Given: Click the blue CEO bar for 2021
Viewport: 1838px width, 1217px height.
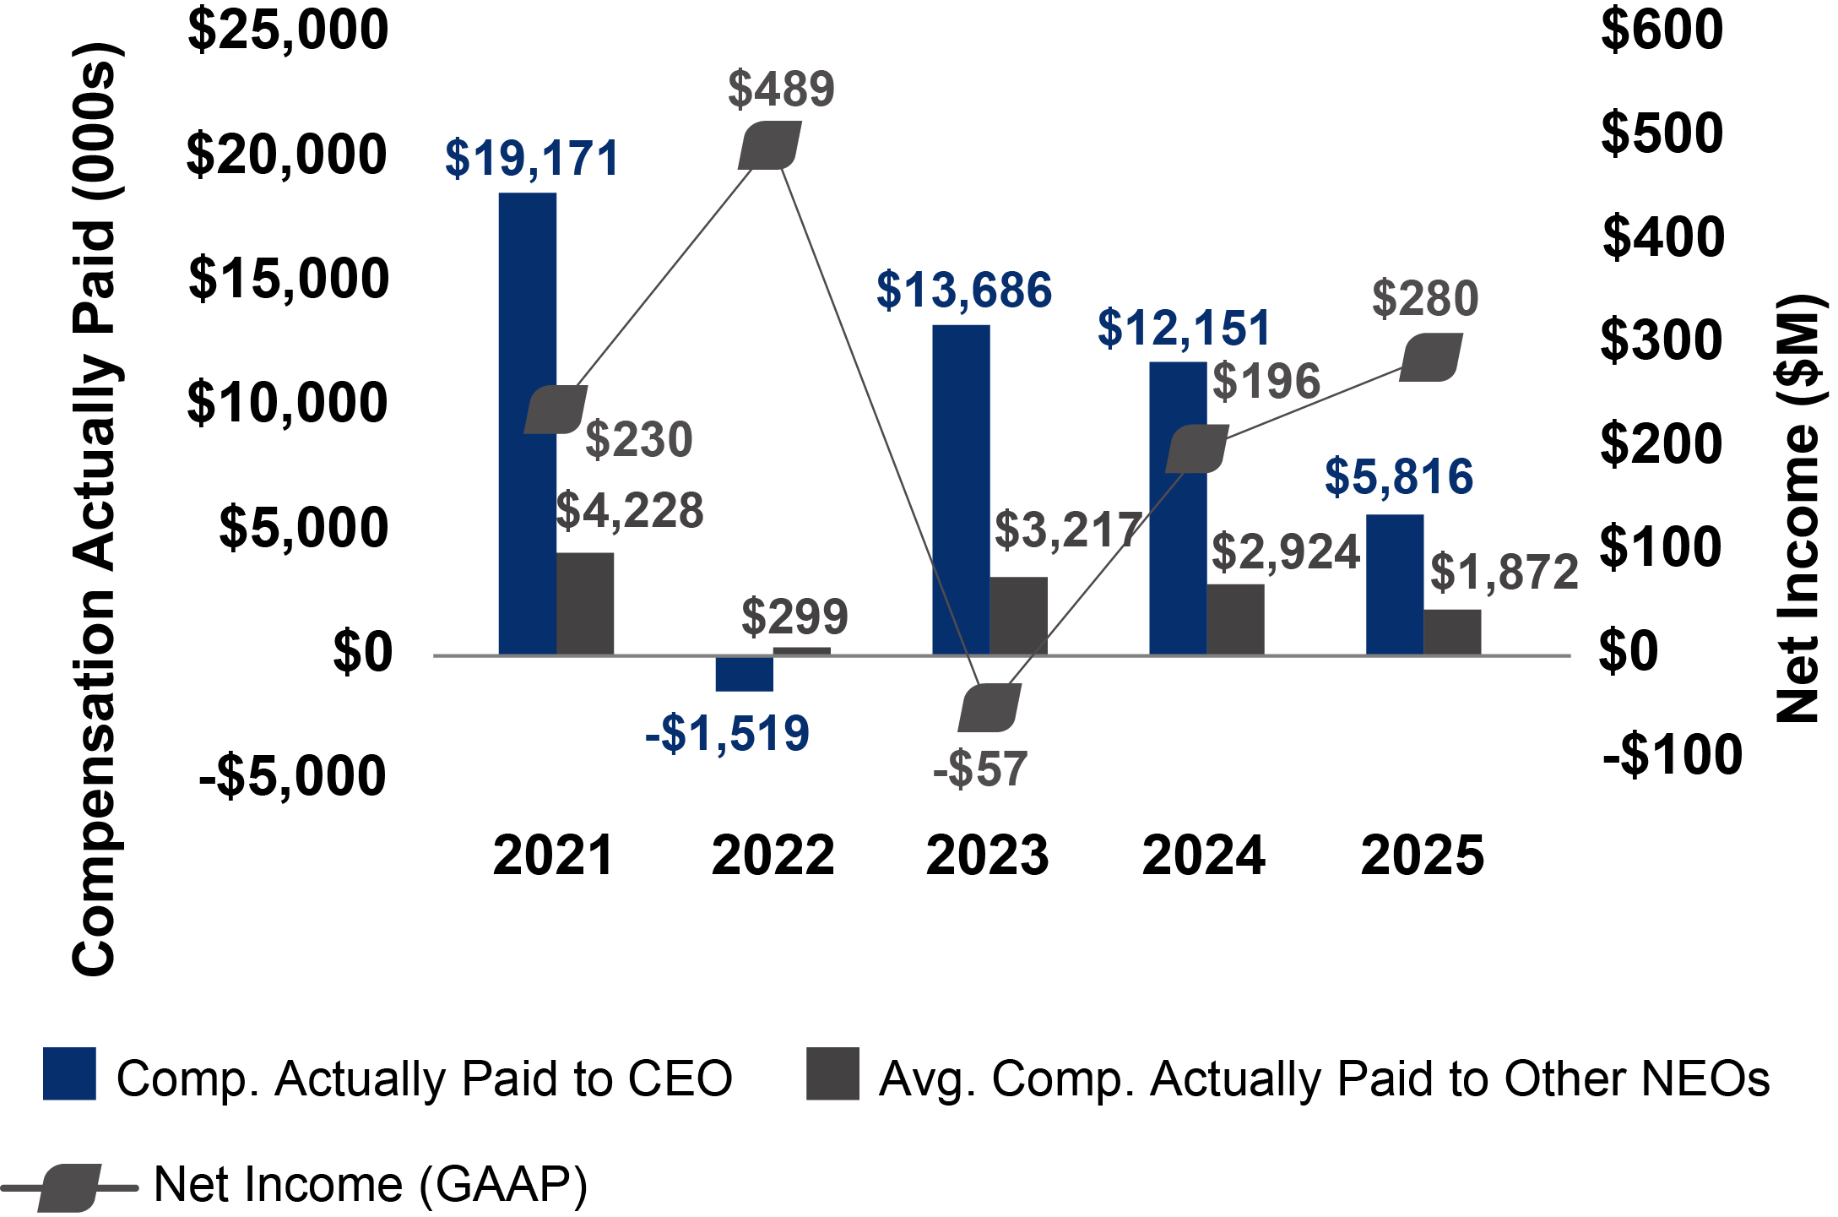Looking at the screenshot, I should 527,422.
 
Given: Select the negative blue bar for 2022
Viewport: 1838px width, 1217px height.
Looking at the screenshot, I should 744,674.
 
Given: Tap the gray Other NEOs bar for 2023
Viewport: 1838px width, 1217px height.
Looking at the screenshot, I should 1018,616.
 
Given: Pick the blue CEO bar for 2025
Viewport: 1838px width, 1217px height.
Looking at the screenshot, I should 1394,584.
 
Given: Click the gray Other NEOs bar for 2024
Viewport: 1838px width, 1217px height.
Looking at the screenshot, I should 1235,619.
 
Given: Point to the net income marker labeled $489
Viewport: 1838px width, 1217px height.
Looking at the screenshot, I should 769,145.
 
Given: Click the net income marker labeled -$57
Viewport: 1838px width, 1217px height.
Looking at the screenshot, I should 989,708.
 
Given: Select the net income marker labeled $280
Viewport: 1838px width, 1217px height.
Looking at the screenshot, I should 1430,357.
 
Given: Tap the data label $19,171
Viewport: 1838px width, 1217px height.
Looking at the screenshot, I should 532,159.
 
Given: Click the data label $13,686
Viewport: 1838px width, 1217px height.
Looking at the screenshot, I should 963,291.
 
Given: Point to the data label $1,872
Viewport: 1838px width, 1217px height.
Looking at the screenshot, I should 1504,573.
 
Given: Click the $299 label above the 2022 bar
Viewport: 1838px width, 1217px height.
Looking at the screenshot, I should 794,617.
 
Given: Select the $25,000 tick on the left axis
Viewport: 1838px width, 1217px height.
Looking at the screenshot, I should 287,30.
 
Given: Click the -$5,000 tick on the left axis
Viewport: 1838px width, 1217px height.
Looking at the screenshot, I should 292,776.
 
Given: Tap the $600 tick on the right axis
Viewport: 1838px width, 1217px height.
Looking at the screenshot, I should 1661,30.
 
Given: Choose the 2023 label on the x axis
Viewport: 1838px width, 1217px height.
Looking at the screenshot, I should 987,856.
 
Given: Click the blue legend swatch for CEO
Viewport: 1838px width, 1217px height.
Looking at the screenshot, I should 69,1073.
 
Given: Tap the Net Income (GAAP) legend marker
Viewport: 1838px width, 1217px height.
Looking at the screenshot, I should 69,1187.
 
